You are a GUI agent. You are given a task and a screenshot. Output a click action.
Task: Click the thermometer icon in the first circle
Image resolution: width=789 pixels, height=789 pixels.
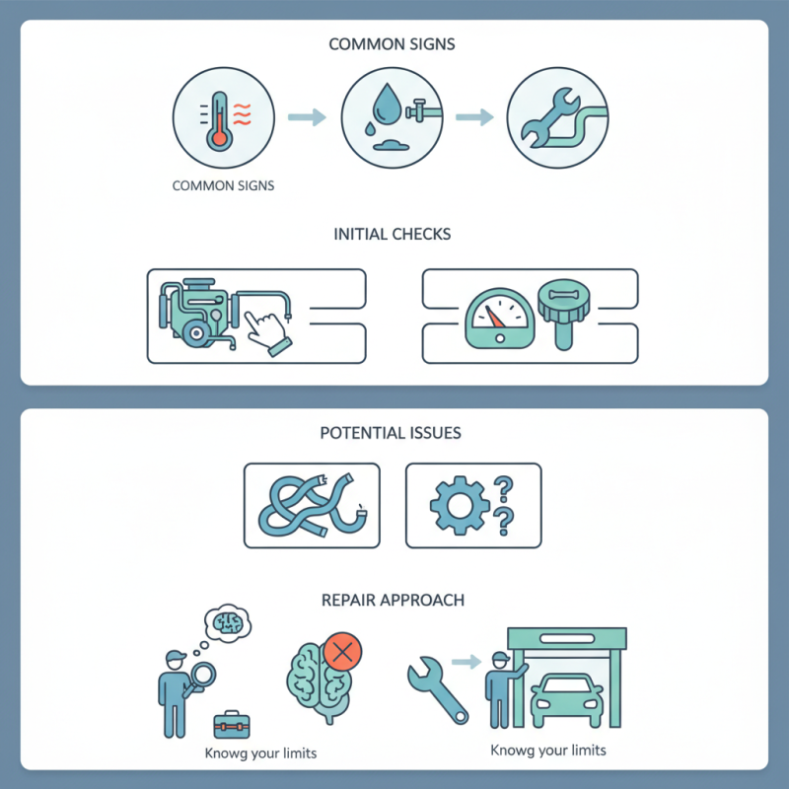[x=219, y=121]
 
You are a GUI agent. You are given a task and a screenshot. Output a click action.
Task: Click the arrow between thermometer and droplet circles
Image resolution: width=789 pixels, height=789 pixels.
[x=307, y=117]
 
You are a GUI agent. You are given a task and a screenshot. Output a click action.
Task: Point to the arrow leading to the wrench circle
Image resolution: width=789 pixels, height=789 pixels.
[x=474, y=117]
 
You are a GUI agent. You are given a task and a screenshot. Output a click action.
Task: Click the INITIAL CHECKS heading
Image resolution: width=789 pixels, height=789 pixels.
[x=392, y=235]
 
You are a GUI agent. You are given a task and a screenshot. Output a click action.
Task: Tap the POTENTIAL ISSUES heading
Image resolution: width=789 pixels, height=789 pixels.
[x=391, y=433]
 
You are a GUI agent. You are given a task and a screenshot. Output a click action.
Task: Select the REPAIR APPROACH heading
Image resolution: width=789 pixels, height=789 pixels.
[x=393, y=601]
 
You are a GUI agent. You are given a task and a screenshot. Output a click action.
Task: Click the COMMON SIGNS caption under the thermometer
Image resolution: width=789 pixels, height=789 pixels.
[x=223, y=185]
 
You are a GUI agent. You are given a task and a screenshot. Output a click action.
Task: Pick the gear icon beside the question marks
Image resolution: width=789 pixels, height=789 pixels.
[x=460, y=506]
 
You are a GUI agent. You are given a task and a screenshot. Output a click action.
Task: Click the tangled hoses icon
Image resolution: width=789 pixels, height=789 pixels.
[x=312, y=506]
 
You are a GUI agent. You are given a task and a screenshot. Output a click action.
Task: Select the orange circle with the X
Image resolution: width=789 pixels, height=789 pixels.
[x=342, y=652]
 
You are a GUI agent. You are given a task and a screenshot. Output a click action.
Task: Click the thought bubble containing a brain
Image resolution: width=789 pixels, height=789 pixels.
[x=228, y=623]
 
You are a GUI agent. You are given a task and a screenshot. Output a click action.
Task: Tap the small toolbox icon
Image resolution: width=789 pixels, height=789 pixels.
[x=232, y=725]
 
